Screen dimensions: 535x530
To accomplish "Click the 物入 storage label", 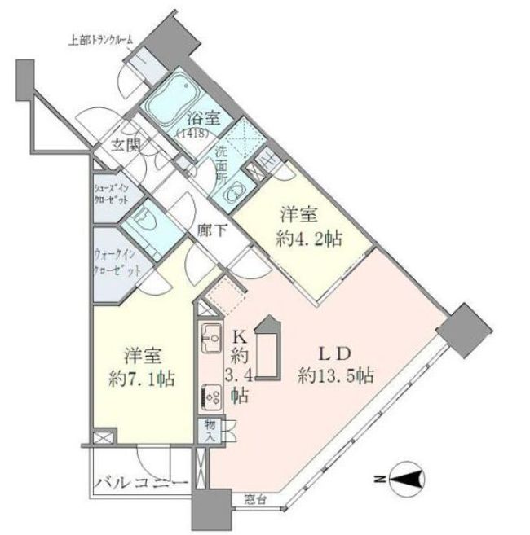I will [x=210, y=428].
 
